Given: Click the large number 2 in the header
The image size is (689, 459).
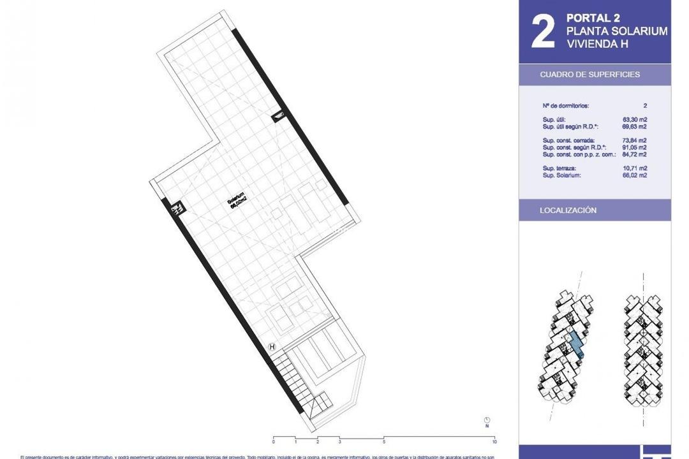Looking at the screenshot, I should [542, 32].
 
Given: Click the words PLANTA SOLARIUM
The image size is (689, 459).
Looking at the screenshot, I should [617, 31].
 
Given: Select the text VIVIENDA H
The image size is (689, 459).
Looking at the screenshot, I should [597, 44].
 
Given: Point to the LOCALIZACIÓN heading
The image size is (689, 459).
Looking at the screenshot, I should [568, 210].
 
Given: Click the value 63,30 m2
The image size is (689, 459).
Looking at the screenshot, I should [635, 119].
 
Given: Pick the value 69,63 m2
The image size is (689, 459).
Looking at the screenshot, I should [635, 127].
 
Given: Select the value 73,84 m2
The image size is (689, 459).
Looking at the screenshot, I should [635, 140].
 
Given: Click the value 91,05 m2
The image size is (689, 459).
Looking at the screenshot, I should [635, 147].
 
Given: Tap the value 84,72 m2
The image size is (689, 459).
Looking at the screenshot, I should [635, 154].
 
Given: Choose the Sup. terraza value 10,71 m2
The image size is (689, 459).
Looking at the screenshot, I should [635, 168].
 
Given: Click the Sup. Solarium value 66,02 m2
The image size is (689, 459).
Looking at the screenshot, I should [635, 175].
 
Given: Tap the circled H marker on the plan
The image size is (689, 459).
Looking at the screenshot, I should [272, 347].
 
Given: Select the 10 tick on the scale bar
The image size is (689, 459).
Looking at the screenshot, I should [494, 441].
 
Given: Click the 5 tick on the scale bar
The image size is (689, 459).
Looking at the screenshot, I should [384, 441].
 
